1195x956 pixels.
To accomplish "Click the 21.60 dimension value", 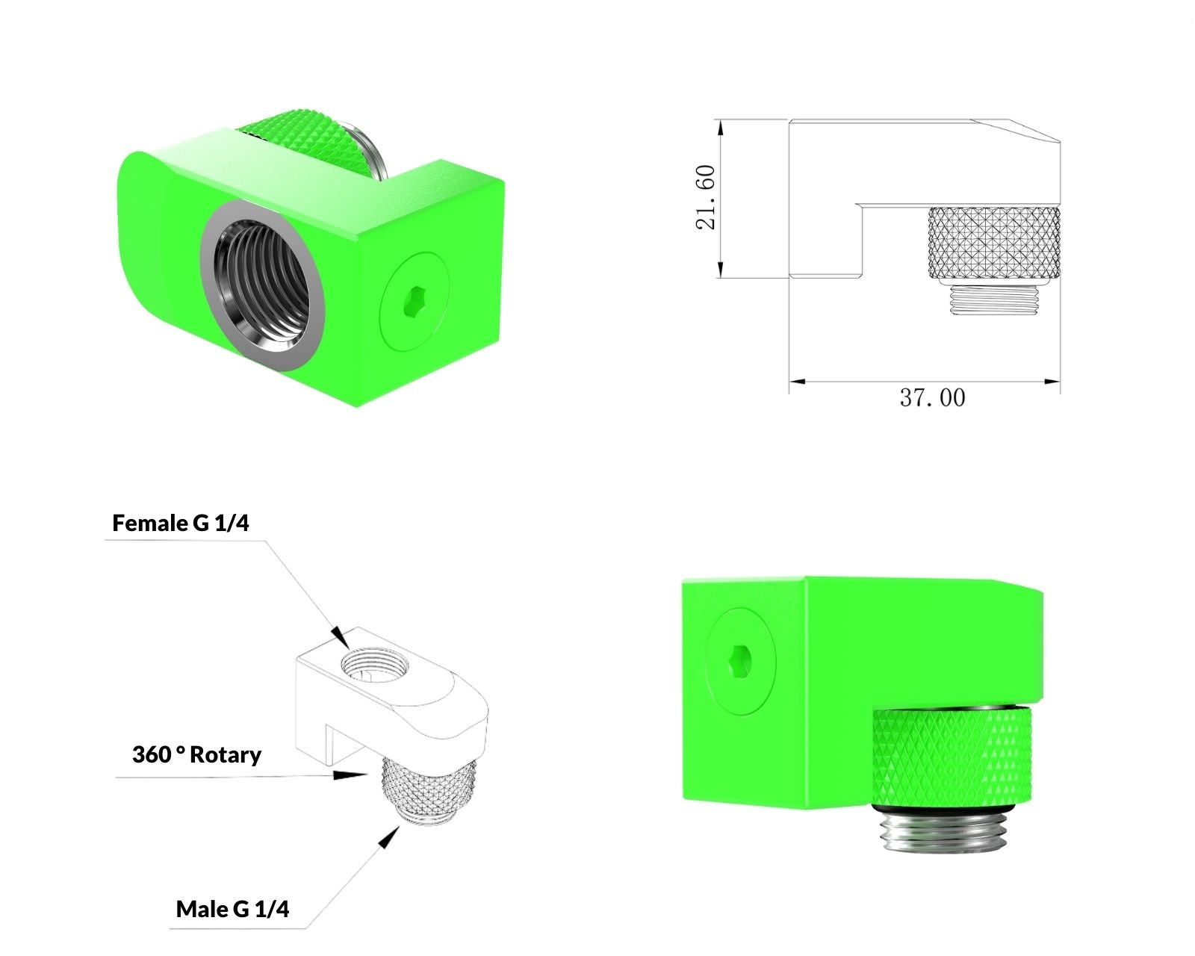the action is point(706,197).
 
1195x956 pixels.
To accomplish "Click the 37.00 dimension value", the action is point(932,398).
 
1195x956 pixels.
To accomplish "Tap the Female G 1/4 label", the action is point(181,523).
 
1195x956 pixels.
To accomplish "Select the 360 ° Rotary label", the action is point(196,754).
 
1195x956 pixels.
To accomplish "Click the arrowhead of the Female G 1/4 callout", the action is point(341,637).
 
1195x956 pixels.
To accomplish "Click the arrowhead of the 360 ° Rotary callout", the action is point(350,775).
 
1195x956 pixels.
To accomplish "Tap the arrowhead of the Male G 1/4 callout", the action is point(389,836).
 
